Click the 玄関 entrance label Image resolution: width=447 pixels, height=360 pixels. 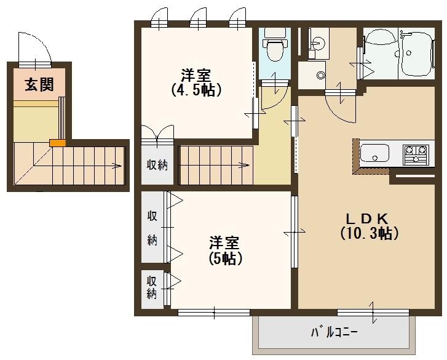(x=39, y=85)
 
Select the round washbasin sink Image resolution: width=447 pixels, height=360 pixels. (x=317, y=44)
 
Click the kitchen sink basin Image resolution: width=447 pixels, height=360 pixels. (x=374, y=152)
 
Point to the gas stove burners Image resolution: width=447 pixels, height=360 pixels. (x=415, y=152)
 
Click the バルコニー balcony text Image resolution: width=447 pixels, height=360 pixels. (x=334, y=333)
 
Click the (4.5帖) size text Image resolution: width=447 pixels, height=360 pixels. (x=196, y=89)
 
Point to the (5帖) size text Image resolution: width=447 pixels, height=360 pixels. (x=223, y=258)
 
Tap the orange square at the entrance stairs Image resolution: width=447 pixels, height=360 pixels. (x=57, y=143)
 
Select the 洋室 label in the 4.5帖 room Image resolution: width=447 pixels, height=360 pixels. (x=196, y=75)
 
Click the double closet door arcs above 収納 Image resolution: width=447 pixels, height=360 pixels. (x=157, y=134)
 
